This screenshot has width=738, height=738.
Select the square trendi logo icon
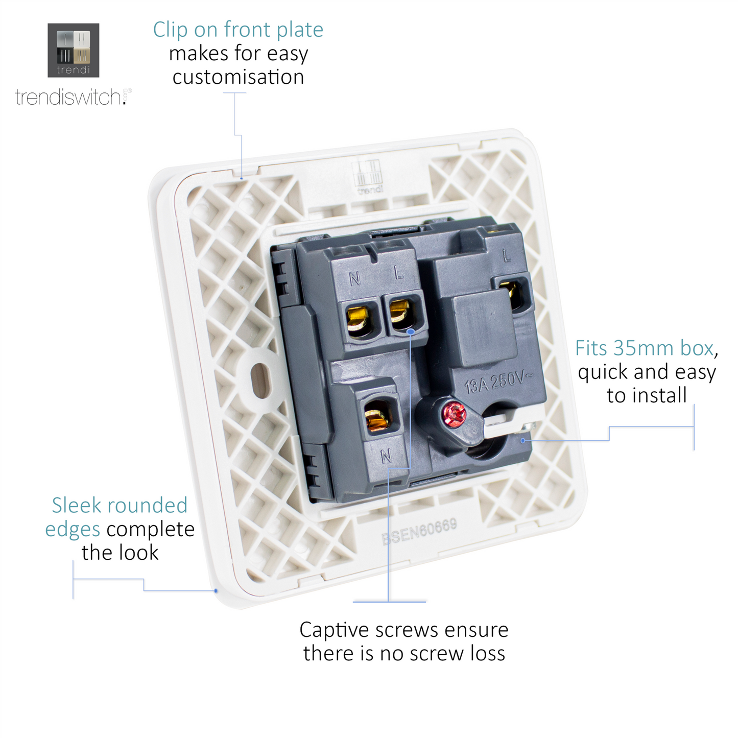click(73, 50)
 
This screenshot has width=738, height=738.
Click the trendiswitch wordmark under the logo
click(73, 97)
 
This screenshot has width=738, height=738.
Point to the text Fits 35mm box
click(645, 348)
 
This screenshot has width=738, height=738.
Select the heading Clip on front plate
click(238, 30)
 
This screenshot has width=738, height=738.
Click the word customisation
click(238, 77)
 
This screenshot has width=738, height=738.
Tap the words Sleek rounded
click(120, 505)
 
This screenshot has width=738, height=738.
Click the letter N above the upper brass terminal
click(355, 278)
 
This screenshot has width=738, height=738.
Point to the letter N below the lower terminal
click(386, 456)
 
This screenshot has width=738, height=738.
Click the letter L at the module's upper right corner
click(507, 255)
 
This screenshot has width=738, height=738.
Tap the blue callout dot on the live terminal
click(410, 331)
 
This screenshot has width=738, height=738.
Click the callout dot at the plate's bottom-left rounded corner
click(216, 590)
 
